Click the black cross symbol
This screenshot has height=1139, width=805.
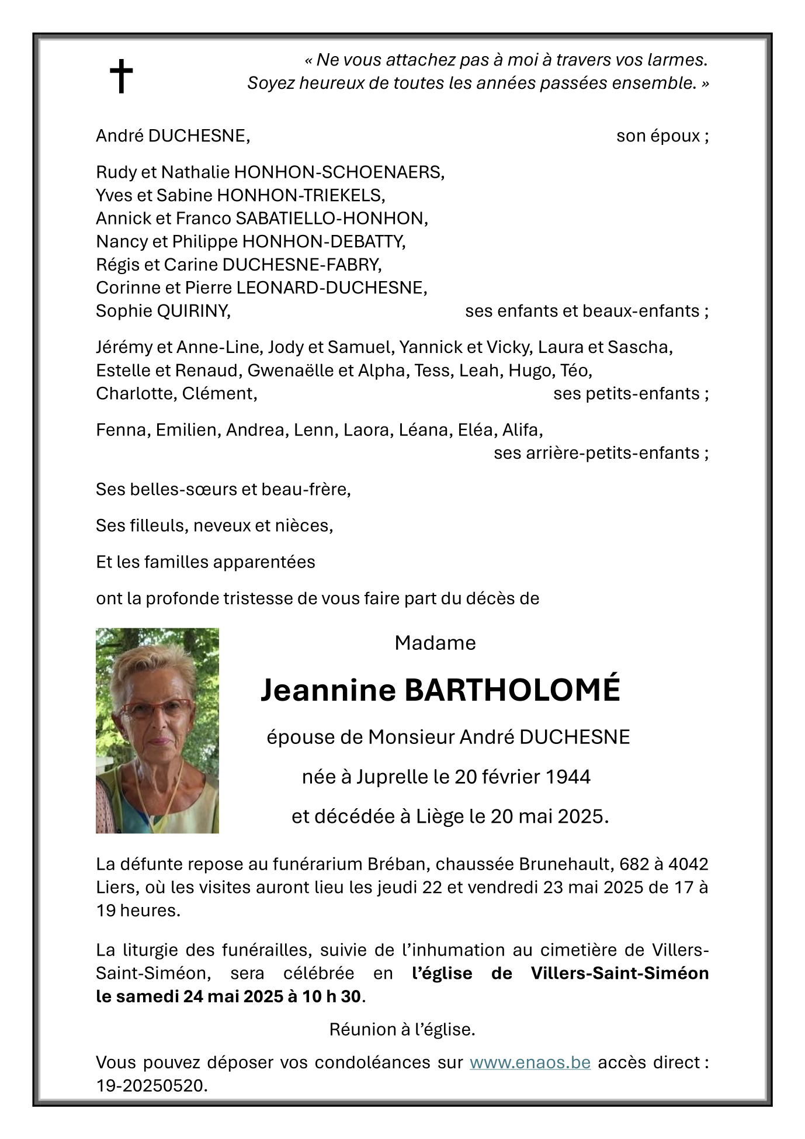[x=121, y=76]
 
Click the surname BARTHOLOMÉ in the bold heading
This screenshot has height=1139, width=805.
[x=512, y=690]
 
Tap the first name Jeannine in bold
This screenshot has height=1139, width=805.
[x=328, y=690]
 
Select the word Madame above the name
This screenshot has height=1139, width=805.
[x=435, y=643]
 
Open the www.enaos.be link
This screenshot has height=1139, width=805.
[x=530, y=1062]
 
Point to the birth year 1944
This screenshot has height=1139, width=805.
[x=568, y=777]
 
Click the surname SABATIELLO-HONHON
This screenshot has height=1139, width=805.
[x=331, y=219]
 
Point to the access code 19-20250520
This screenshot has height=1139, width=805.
[x=151, y=1085]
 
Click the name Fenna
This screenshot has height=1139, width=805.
[x=120, y=430]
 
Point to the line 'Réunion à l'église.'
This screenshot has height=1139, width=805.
[x=402, y=1029]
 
